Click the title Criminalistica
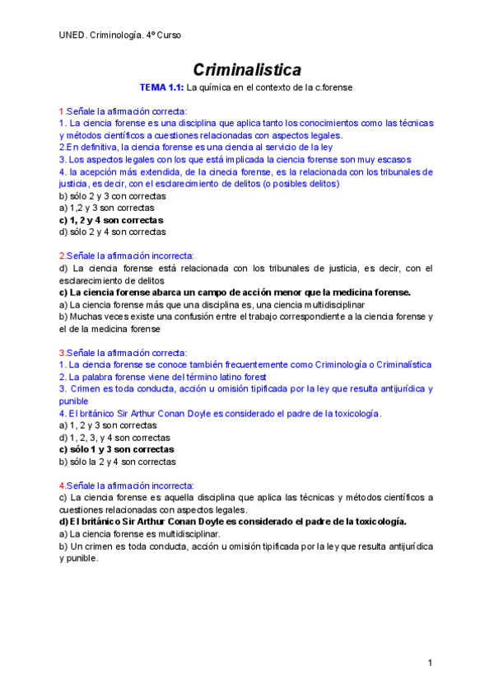[247, 69]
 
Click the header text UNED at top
[72, 35]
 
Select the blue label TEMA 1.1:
[162, 87]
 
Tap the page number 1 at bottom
[430, 663]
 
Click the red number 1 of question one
[60, 111]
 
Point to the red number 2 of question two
[61, 256]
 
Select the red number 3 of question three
[61, 352]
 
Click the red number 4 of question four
[61, 486]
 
